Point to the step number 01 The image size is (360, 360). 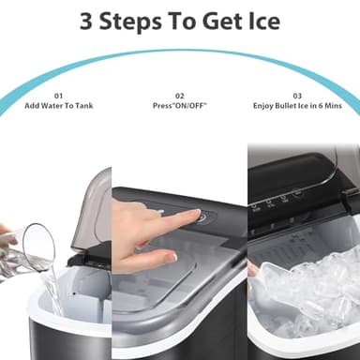click(x=57, y=95)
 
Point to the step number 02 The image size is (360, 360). click(x=181, y=95)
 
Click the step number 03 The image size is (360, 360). click(x=298, y=95)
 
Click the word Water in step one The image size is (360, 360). click(x=57, y=106)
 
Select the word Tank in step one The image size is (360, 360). click(x=82, y=106)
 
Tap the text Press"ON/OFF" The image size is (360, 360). click(x=181, y=106)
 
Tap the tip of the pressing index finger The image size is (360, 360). click(x=195, y=217)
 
